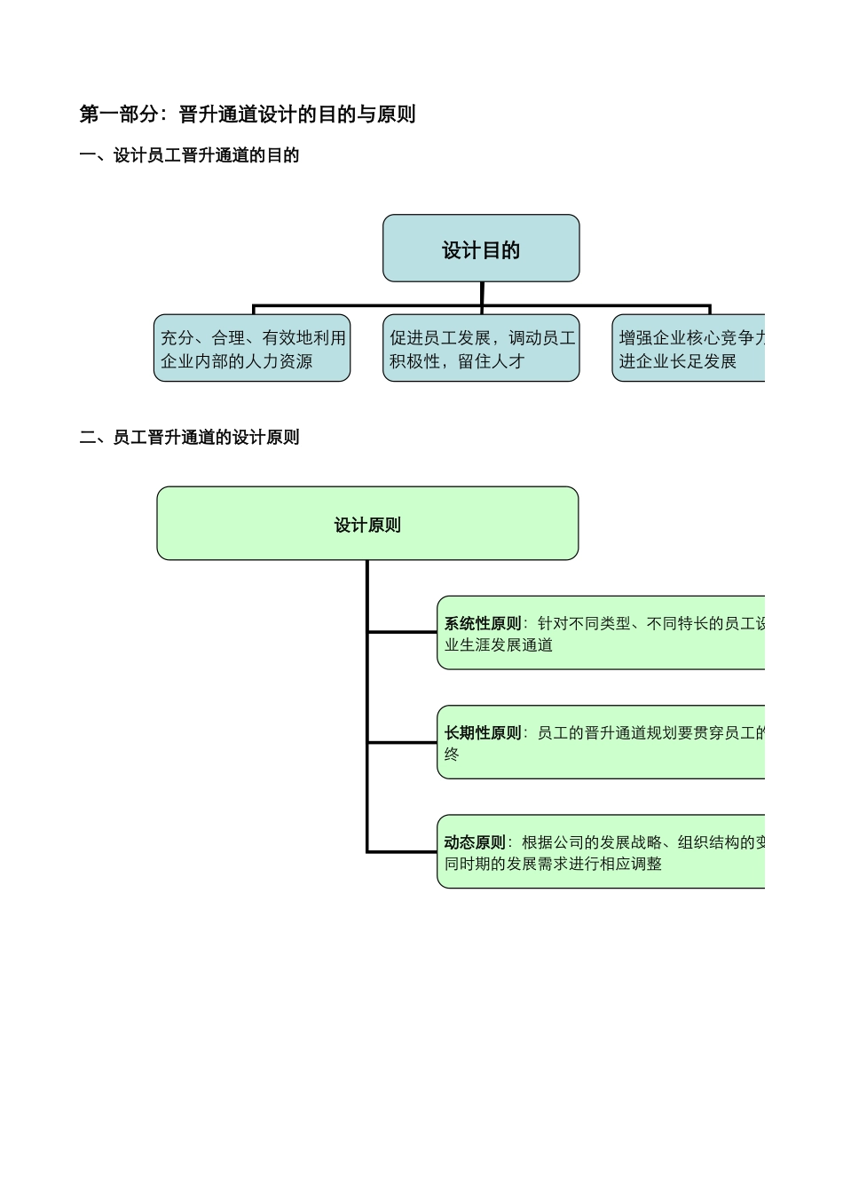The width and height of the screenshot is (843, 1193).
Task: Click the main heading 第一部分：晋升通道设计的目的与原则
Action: click(x=247, y=115)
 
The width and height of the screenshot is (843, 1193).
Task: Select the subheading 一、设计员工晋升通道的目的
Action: click(x=189, y=156)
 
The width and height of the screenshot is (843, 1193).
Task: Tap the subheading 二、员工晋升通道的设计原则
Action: click(x=189, y=438)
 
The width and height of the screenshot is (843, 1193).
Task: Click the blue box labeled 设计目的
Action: click(x=481, y=249)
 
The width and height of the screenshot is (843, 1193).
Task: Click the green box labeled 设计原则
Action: click(x=367, y=524)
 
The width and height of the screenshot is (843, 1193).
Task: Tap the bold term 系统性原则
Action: click(x=483, y=624)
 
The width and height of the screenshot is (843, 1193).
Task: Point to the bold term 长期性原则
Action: click(x=483, y=733)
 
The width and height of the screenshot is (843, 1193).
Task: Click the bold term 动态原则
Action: click(x=475, y=842)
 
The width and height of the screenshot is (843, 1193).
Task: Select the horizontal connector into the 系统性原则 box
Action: click(x=402, y=632)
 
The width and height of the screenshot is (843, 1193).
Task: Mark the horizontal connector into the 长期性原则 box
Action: click(x=402, y=742)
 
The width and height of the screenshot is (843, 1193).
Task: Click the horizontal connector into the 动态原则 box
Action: click(x=402, y=851)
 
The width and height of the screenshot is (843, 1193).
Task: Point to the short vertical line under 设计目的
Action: click(x=482, y=294)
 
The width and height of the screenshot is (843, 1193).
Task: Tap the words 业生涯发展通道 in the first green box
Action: click(x=499, y=645)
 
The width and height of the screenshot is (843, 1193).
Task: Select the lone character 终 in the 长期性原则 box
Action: click(x=452, y=755)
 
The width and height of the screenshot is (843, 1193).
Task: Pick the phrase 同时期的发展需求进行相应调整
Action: click(x=553, y=864)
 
